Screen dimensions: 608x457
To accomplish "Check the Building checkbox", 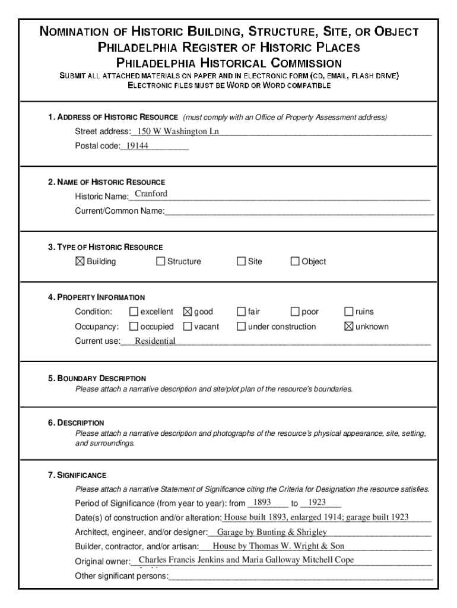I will pyautogui.click(x=80, y=261).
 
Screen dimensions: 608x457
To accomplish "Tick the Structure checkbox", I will pyautogui.click(x=160, y=261).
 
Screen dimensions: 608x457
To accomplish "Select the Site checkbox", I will pyautogui.click(x=241, y=261).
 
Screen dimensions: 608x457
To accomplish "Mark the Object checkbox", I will pyautogui.click(x=295, y=261).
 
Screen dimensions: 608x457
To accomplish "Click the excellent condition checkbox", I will pyautogui.click(x=134, y=312).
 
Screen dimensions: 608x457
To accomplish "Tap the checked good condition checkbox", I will pyautogui.click(x=188, y=312).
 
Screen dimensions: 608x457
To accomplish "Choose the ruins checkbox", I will pyautogui.click(x=349, y=312).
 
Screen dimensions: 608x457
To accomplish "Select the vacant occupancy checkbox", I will pyautogui.click(x=188, y=327).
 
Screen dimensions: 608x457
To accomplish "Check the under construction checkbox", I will pyautogui.click(x=241, y=327).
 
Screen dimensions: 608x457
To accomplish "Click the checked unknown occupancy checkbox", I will pyautogui.click(x=349, y=327).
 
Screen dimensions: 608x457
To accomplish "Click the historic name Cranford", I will pyautogui.click(x=151, y=194).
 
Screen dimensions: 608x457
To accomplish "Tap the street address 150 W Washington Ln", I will pyautogui.click(x=178, y=131).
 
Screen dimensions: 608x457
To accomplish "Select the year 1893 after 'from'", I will pyautogui.click(x=262, y=502).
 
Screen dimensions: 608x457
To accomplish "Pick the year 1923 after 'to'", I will pyautogui.click(x=313, y=502).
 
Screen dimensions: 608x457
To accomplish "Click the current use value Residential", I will pyautogui.click(x=155, y=341).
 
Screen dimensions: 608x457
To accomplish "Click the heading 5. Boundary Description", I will pyautogui.click(x=97, y=378).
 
